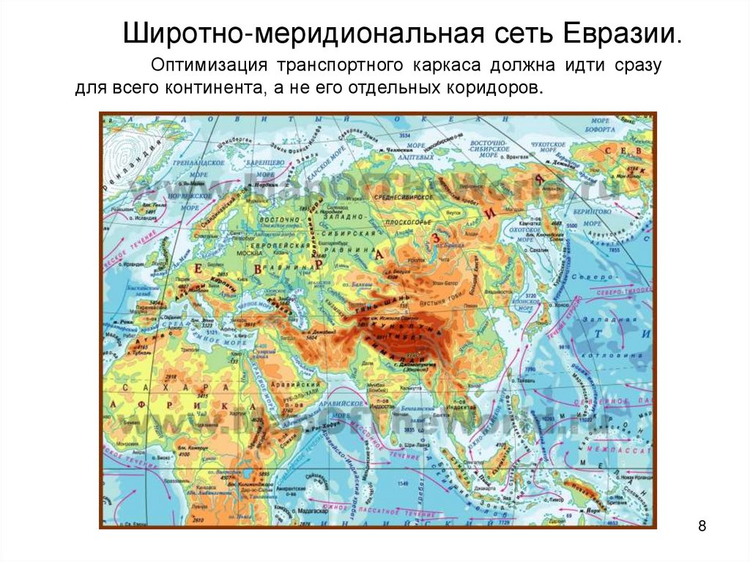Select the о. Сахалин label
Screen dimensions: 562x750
538,249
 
